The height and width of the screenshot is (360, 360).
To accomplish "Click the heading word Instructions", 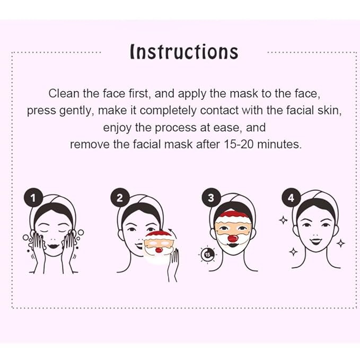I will point(184,52).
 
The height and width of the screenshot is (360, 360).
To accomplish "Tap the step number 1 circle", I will point(33,198).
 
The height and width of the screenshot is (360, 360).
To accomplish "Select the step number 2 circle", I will point(119,198).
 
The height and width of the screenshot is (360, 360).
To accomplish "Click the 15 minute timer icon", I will point(206,256).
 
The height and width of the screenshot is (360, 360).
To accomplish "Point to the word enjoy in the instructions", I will point(116,127).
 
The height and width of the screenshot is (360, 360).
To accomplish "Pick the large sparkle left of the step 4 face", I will point(284,219).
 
